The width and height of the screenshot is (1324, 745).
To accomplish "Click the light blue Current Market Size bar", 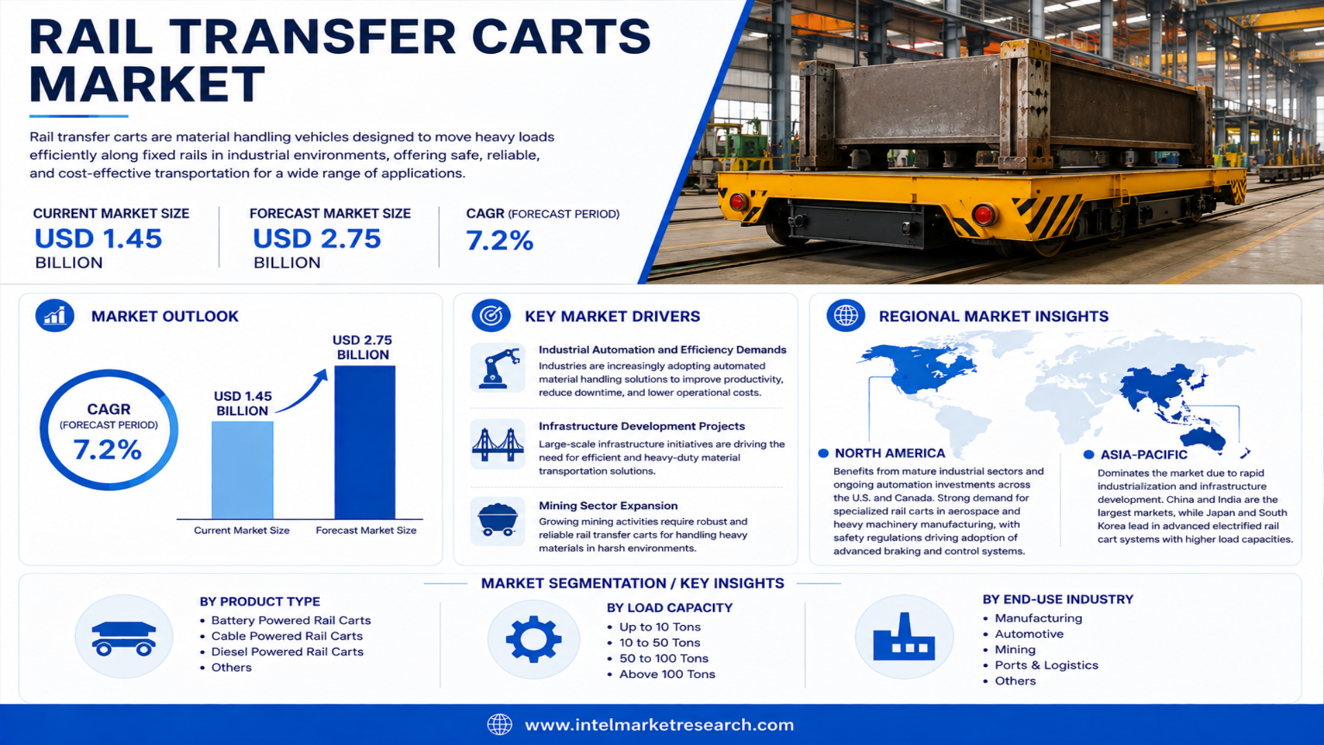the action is click(x=242, y=470).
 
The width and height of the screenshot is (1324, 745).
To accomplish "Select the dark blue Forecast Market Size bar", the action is click(x=365, y=442).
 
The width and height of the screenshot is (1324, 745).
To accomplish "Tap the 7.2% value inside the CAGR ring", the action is click(x=108, y=450).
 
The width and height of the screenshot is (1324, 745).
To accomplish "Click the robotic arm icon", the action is click(x=498, y=368).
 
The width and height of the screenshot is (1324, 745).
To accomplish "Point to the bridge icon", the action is click(x=498, y=445).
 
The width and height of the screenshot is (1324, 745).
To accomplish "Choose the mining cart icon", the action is click(x=498, y=520).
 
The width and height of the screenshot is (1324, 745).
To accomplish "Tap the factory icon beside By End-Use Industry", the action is click(x=904, y=637).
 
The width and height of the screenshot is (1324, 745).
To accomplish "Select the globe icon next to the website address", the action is click(x=500, y=724).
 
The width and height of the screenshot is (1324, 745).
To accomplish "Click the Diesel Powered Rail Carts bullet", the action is click(x=287, y=652).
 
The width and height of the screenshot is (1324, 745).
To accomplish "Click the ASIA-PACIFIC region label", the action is click(x=1144, y=455).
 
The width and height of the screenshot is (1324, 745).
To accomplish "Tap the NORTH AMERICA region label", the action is click(x=890, y=453).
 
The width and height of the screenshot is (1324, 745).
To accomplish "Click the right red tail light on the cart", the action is click(x=984, y=215).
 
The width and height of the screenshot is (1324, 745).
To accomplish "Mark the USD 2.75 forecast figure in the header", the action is click(x=317, y=239).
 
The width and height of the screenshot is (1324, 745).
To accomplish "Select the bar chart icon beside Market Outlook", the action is click(x=55, y=316).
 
